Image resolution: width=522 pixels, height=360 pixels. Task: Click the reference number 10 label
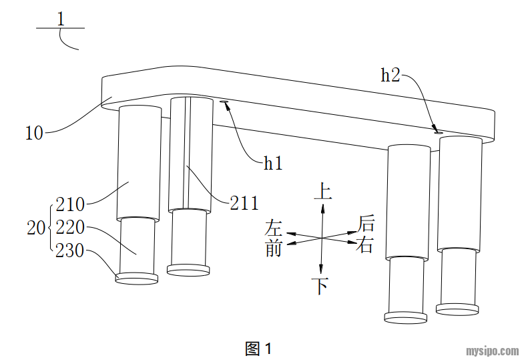tap(34, 132)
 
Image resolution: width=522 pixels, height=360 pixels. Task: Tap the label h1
tap(273, 162)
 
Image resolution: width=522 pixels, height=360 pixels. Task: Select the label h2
tap(390, 75)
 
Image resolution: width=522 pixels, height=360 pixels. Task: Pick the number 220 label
tap(70, 228)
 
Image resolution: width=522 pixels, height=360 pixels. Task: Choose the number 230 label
tap(70, 251)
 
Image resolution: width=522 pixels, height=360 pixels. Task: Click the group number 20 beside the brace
tap(35, 228)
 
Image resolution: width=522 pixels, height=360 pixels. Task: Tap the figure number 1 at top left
tap(61, 19)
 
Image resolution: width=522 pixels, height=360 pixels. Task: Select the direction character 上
tap(322, 193)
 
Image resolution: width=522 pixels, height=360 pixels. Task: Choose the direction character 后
tap(366, 222)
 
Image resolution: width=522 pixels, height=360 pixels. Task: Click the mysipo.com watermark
tap(491, 350)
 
